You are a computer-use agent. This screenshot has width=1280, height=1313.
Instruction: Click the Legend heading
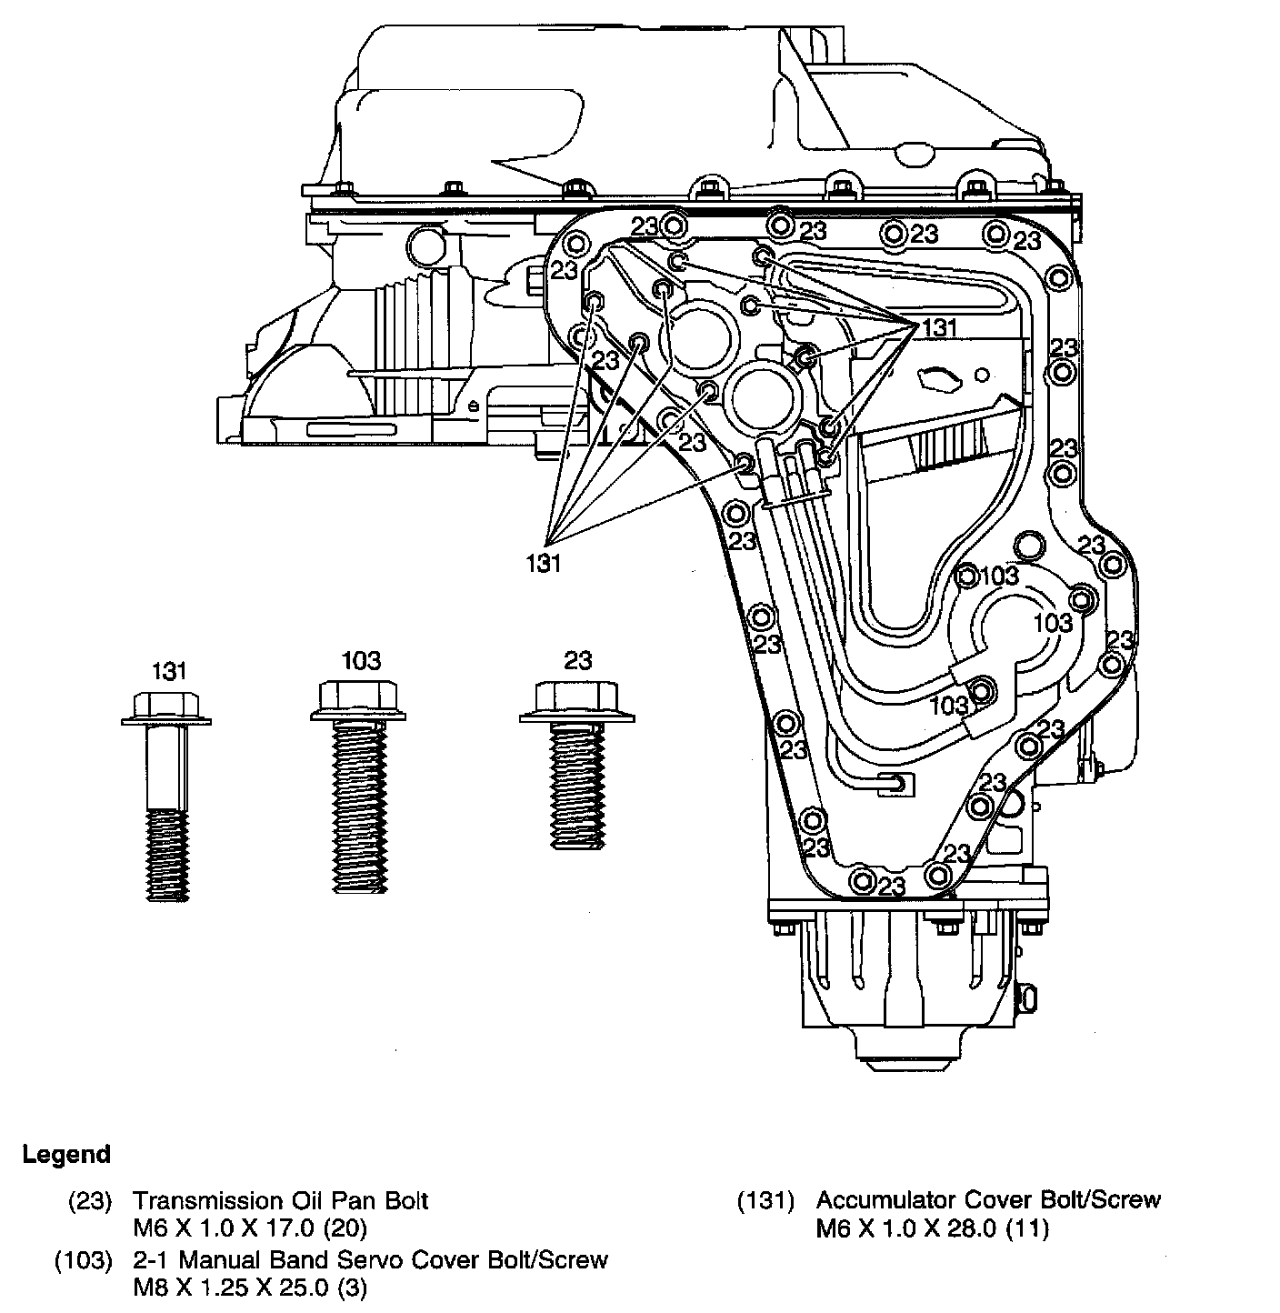[x=66, y=1155]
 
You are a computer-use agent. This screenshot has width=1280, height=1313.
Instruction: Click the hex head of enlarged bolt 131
[x=166, y=703]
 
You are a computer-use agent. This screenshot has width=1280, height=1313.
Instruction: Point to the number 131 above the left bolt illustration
[x=168, y=672]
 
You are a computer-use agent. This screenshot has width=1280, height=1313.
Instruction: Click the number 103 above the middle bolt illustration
[x=361, y=659]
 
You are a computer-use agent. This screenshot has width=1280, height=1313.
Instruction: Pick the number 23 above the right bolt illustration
[x=577, y=659]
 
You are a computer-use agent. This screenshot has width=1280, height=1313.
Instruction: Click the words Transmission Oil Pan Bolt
[x=280, y=1200]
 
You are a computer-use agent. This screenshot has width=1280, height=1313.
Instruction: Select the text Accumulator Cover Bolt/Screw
[x=988, y=1200]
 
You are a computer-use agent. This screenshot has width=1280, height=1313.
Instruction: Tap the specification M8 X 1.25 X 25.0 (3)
[x=250, y=1288]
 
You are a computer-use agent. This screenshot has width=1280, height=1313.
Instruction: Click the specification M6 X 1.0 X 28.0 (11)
[x=932, y=1229]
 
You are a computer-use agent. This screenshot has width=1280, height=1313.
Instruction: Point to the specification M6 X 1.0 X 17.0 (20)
[x=249, y=1229]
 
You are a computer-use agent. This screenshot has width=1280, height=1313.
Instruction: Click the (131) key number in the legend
[x=765, y=1200]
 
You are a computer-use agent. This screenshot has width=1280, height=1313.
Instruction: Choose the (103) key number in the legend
[x=84, y=1260]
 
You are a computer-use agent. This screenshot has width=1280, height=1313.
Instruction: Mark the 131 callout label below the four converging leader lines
[x=544, y=562]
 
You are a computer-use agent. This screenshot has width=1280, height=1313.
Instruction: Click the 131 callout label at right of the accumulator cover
[x=940, y=328]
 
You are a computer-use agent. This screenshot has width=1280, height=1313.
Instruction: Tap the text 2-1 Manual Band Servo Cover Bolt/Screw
[x=370, y=1260]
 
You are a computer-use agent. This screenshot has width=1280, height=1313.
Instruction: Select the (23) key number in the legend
[x=90, y=1200]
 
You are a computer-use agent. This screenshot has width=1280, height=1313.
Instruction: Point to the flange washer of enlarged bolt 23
[x=576, y=718]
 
